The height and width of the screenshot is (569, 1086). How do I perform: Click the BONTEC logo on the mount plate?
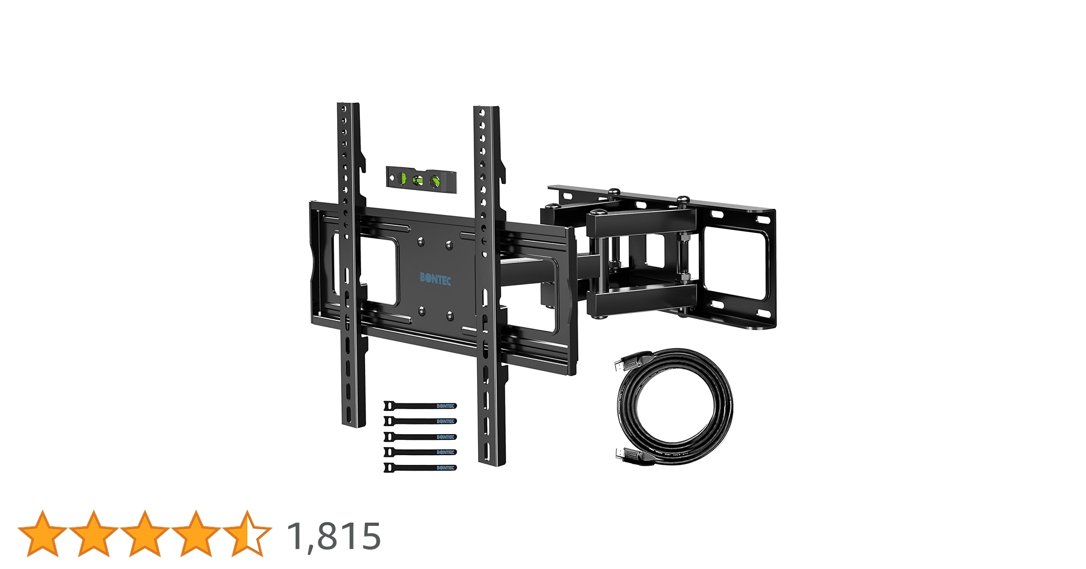point(436,278)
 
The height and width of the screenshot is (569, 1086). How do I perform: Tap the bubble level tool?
point(421,180)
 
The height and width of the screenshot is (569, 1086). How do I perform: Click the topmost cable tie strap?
point(420,406)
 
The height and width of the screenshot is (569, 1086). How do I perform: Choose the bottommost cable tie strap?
point(420,468)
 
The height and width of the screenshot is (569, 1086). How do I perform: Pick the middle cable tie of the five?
point(420,437)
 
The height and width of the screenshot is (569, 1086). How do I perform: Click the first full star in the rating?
point(43,534)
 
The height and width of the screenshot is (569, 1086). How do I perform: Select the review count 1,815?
point(334,536)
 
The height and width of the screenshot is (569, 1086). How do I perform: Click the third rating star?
point(145,534)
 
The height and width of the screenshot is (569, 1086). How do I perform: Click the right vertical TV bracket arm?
point(488,284)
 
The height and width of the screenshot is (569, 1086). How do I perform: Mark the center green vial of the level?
point(418,180)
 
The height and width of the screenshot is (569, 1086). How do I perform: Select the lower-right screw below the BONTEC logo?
point(450,314)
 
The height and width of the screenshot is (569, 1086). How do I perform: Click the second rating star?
point(94,534)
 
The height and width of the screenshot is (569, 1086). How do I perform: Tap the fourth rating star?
point(196,534)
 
